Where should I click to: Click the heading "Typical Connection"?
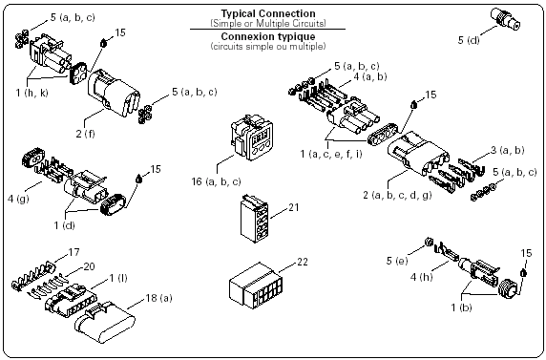point(268,13)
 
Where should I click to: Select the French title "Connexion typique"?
point(268,36)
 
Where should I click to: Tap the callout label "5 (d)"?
point(469,40)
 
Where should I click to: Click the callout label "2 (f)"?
point(86,134)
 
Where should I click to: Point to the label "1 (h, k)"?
point(31,93)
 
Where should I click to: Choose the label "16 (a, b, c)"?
point(217,181)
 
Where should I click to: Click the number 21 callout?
point(294,207)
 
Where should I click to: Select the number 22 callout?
point(303,262)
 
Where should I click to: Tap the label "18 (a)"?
point(158,298)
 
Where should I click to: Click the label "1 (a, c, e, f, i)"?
point(331,154)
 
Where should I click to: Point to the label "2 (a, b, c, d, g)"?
point(397,195)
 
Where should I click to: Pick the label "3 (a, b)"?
point(508,150)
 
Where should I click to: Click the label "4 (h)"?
point(421,277)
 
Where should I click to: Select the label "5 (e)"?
point(397,261)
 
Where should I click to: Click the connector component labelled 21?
point(254,219)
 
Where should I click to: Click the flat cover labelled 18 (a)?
point(105,323)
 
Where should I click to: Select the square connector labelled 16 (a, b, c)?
point(251,137)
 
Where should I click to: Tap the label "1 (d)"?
point(64,225)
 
